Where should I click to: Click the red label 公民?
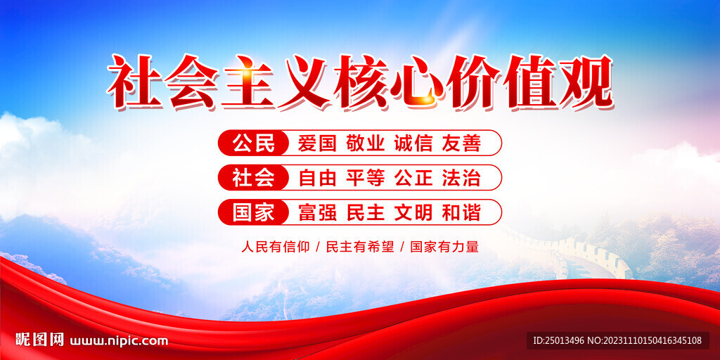(253, 143)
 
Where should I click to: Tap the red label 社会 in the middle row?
(253, 178)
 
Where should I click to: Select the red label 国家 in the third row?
(253, 212)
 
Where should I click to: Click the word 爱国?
(317, 143)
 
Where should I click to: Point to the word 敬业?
(365, 143)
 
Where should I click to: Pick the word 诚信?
(413, 143)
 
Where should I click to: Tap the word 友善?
(461, 143)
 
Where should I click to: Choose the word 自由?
(317, 178)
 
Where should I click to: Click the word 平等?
(365, 178)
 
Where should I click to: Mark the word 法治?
(461, 178)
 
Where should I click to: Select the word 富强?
(317, 212)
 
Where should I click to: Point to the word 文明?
(413, 212)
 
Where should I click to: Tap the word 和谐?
(461, 212)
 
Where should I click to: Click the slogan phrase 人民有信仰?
(276, 247)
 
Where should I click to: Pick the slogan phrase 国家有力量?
(444, 247)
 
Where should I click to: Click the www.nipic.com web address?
(119, 341)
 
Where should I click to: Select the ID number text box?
(617, 340)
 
